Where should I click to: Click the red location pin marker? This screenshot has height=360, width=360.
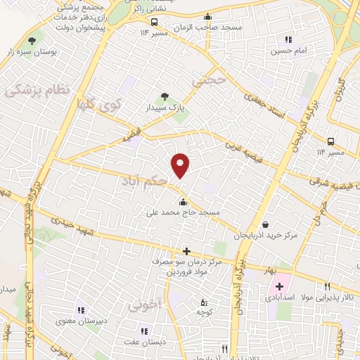tap(181, 165)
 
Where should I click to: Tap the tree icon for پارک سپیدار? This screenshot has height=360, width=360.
tap(165, 96)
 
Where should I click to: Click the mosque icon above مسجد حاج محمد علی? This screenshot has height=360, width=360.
tap(183, 202)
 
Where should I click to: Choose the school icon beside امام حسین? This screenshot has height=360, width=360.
tap(288, 39)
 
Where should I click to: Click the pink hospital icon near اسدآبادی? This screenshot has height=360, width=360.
tap(279, 286)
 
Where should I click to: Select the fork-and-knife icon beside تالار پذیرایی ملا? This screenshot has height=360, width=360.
tap(327, 286)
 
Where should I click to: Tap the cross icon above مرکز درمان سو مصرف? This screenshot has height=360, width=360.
tap(186, 251)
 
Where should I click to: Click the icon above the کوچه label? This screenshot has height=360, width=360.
tap(204, 302)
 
